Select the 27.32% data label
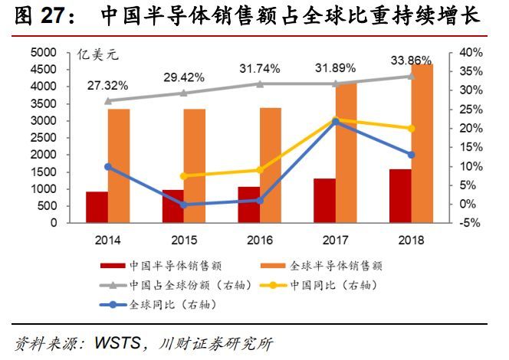[108, 83]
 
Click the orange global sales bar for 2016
[271, 165]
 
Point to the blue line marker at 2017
[335, 122]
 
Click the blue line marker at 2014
[107, 166]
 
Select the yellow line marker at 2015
[183, 176]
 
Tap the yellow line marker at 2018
[411, 129]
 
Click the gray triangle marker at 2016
[259, 84]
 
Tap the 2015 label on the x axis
[183, 240]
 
